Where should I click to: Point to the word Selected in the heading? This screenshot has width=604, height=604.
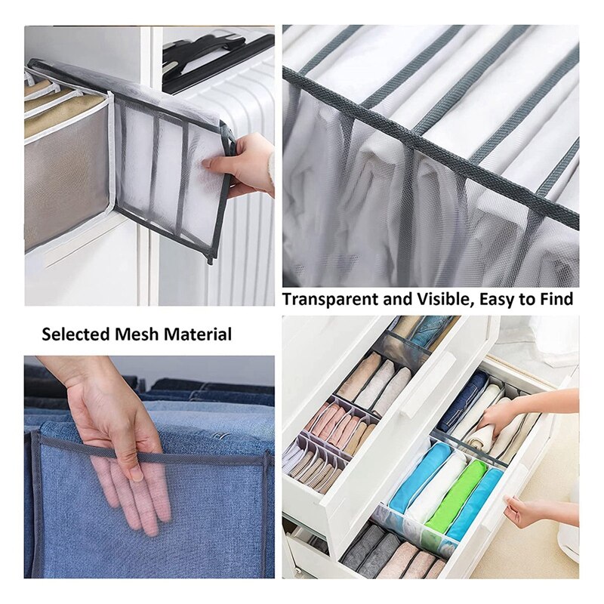[x=75, y=334]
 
